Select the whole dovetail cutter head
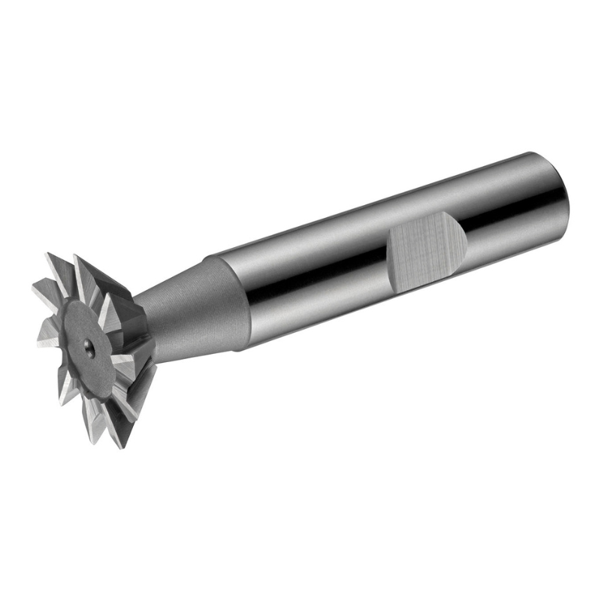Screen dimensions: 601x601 click(94, 346)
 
